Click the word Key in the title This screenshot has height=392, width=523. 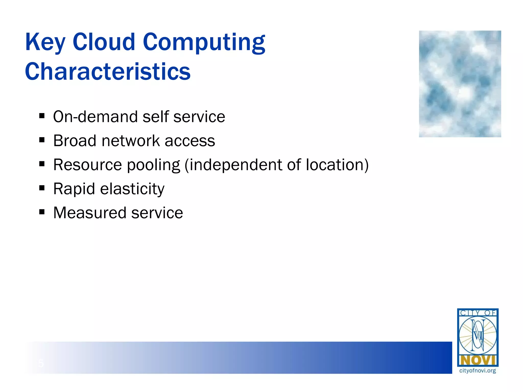(x=45, y=42)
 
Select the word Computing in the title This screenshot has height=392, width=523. (x=204, y=42)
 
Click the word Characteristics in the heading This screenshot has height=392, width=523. (x=108, y=72)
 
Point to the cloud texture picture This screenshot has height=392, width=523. (x=460, y=84)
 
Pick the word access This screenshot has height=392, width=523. (x=190, y=141)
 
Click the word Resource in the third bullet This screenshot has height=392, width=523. (x=88, y=165)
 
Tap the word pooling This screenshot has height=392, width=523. (x=153, y=165)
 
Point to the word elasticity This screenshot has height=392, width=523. (x=132, y=189)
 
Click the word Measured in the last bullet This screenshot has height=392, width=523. (x=90, y=213)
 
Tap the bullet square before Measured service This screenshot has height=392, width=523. (x=42, y=212)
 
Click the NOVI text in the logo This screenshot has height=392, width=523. (x=478, y=360)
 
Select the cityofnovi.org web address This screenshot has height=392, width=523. (x=478, y=371)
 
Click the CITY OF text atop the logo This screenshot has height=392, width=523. (x=478, y=313)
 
